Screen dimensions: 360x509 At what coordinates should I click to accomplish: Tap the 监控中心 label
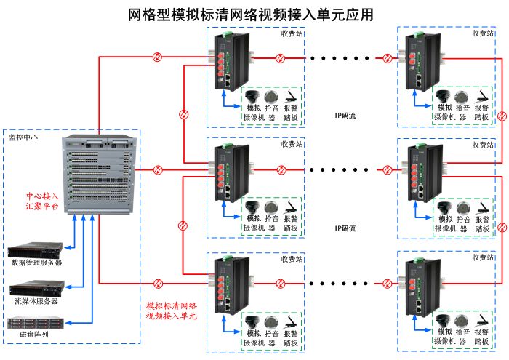pyautogui.click(x=23, y=137)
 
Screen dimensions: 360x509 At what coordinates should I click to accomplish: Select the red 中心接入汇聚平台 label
pyautogui.click(x=43, y=201)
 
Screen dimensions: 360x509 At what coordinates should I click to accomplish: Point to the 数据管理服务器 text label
pyautogui.click(x=36, y=263)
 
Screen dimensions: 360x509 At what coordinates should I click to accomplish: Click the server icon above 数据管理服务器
pyautogui.click(x=36, y=250)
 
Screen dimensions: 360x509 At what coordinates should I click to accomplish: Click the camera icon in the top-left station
pyautogui.click(x=252, y=97)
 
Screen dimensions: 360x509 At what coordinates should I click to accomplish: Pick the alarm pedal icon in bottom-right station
pyautogui.click(x=481, y=322)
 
